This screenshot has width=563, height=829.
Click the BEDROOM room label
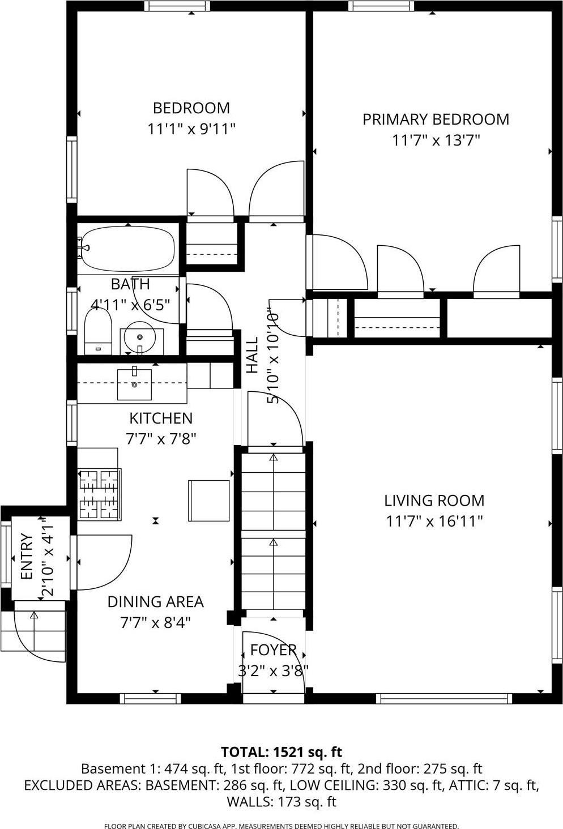coord(191,108)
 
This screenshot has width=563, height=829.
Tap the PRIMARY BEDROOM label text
coord(436,119)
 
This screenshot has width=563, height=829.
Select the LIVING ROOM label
coord(434,501)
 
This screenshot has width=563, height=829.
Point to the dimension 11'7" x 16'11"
coord(434,521)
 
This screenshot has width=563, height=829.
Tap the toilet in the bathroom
coord(97,331)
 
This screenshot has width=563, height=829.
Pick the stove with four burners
coord(100,494)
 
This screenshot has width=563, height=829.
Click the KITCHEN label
coord(161,418)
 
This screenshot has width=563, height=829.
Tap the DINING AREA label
coord(156,601)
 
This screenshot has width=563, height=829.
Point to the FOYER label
coord(273,650)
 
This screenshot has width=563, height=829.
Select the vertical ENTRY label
coord(27,557)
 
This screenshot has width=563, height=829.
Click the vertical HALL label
coord(252,355)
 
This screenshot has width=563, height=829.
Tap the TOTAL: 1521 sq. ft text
coord(281,752)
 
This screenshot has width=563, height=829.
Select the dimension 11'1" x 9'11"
coord(191,129)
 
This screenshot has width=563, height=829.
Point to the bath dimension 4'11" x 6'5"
coord(131,305)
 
